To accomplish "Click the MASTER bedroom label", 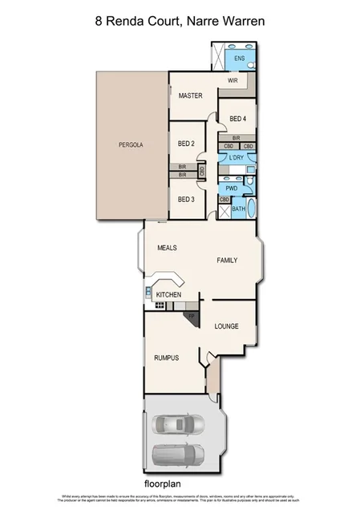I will [190, 96].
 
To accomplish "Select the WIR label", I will [233, 81].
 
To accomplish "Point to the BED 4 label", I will [238, 119].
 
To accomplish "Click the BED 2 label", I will [186, 144].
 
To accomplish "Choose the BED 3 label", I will [186, 199].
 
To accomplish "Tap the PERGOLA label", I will [131, 145].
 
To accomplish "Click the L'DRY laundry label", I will [236, 158].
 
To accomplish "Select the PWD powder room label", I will [232, 189].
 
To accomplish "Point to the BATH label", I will [238, 210].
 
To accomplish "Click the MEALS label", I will [167, 248].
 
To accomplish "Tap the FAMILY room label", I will [227, 261].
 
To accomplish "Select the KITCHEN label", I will [168, 296].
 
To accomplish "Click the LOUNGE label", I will [228, 327].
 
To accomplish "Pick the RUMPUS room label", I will [166, 358].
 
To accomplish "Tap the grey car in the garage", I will [178, 455].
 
